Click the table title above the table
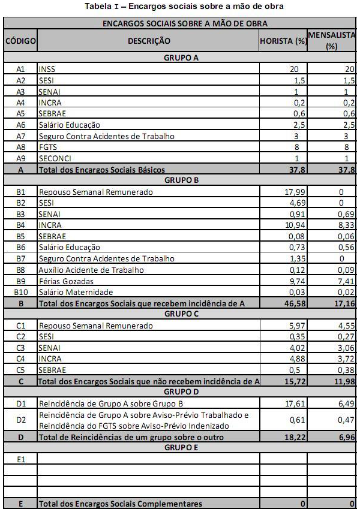pyautogui.click(x=179, y=7)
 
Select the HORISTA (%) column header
pyautogui.click(x=283, y=41)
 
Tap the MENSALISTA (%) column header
pyautogui.click(x=332, y=41)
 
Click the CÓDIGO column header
pyautogui.click(x=20, y=41)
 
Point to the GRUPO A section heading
pyautogui.click(x=181, y=58)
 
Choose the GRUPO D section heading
pyautogui.click(x=181, y=391)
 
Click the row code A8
pyautogui.click(x=20, y=147)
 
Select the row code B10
pyautogui.click(x=20, y=292)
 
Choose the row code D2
pyautogui.click(x=20, y=420)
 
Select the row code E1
pyautogui.click(x=20, y=459)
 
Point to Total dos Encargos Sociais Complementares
pyautogui.click(x=120, y=504)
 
